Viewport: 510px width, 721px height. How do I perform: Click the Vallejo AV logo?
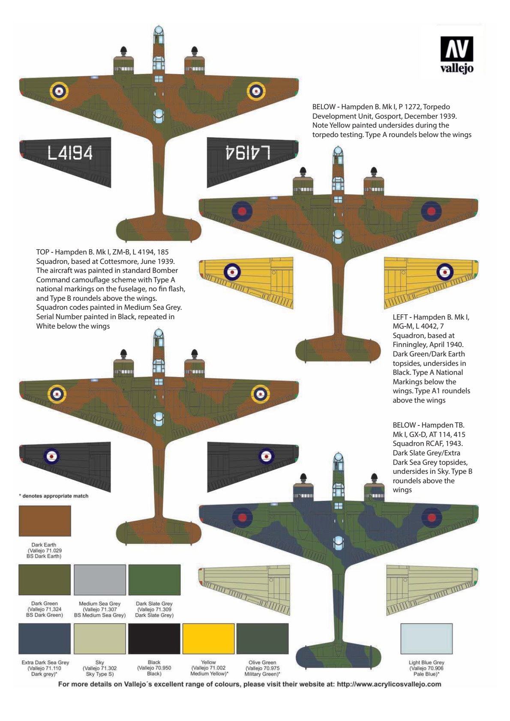(x=456, y=55)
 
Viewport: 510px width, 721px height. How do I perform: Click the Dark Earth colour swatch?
(x=45, y=521)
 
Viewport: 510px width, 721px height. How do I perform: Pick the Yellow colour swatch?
(x=208, y=639)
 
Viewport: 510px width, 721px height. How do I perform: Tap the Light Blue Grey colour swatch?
(x=426, y=639)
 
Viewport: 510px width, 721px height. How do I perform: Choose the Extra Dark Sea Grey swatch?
(x=45, y=639)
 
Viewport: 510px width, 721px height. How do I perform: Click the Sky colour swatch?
(x=100, y=639)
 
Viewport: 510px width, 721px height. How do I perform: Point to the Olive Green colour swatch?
(x=262, y=639)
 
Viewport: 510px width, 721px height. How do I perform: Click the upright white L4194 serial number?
(x=70, y=153)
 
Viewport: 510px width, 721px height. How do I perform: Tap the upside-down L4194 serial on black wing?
(x=248, y=152)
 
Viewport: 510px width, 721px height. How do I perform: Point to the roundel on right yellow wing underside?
(x=445, y=272)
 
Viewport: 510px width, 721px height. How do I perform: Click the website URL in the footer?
(x=389, y=684)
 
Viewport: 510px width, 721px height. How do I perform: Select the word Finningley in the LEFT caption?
(x=410, y=345)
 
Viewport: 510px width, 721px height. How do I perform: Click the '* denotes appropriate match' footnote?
(x=54, y=496)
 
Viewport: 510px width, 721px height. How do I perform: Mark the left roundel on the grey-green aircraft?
(x=242, y=517)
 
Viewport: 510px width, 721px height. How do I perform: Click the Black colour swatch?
(x=154, y=639)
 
